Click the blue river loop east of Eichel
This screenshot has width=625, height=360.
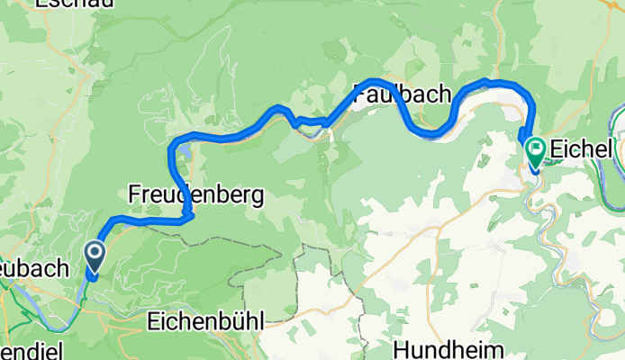pos(615,135)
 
